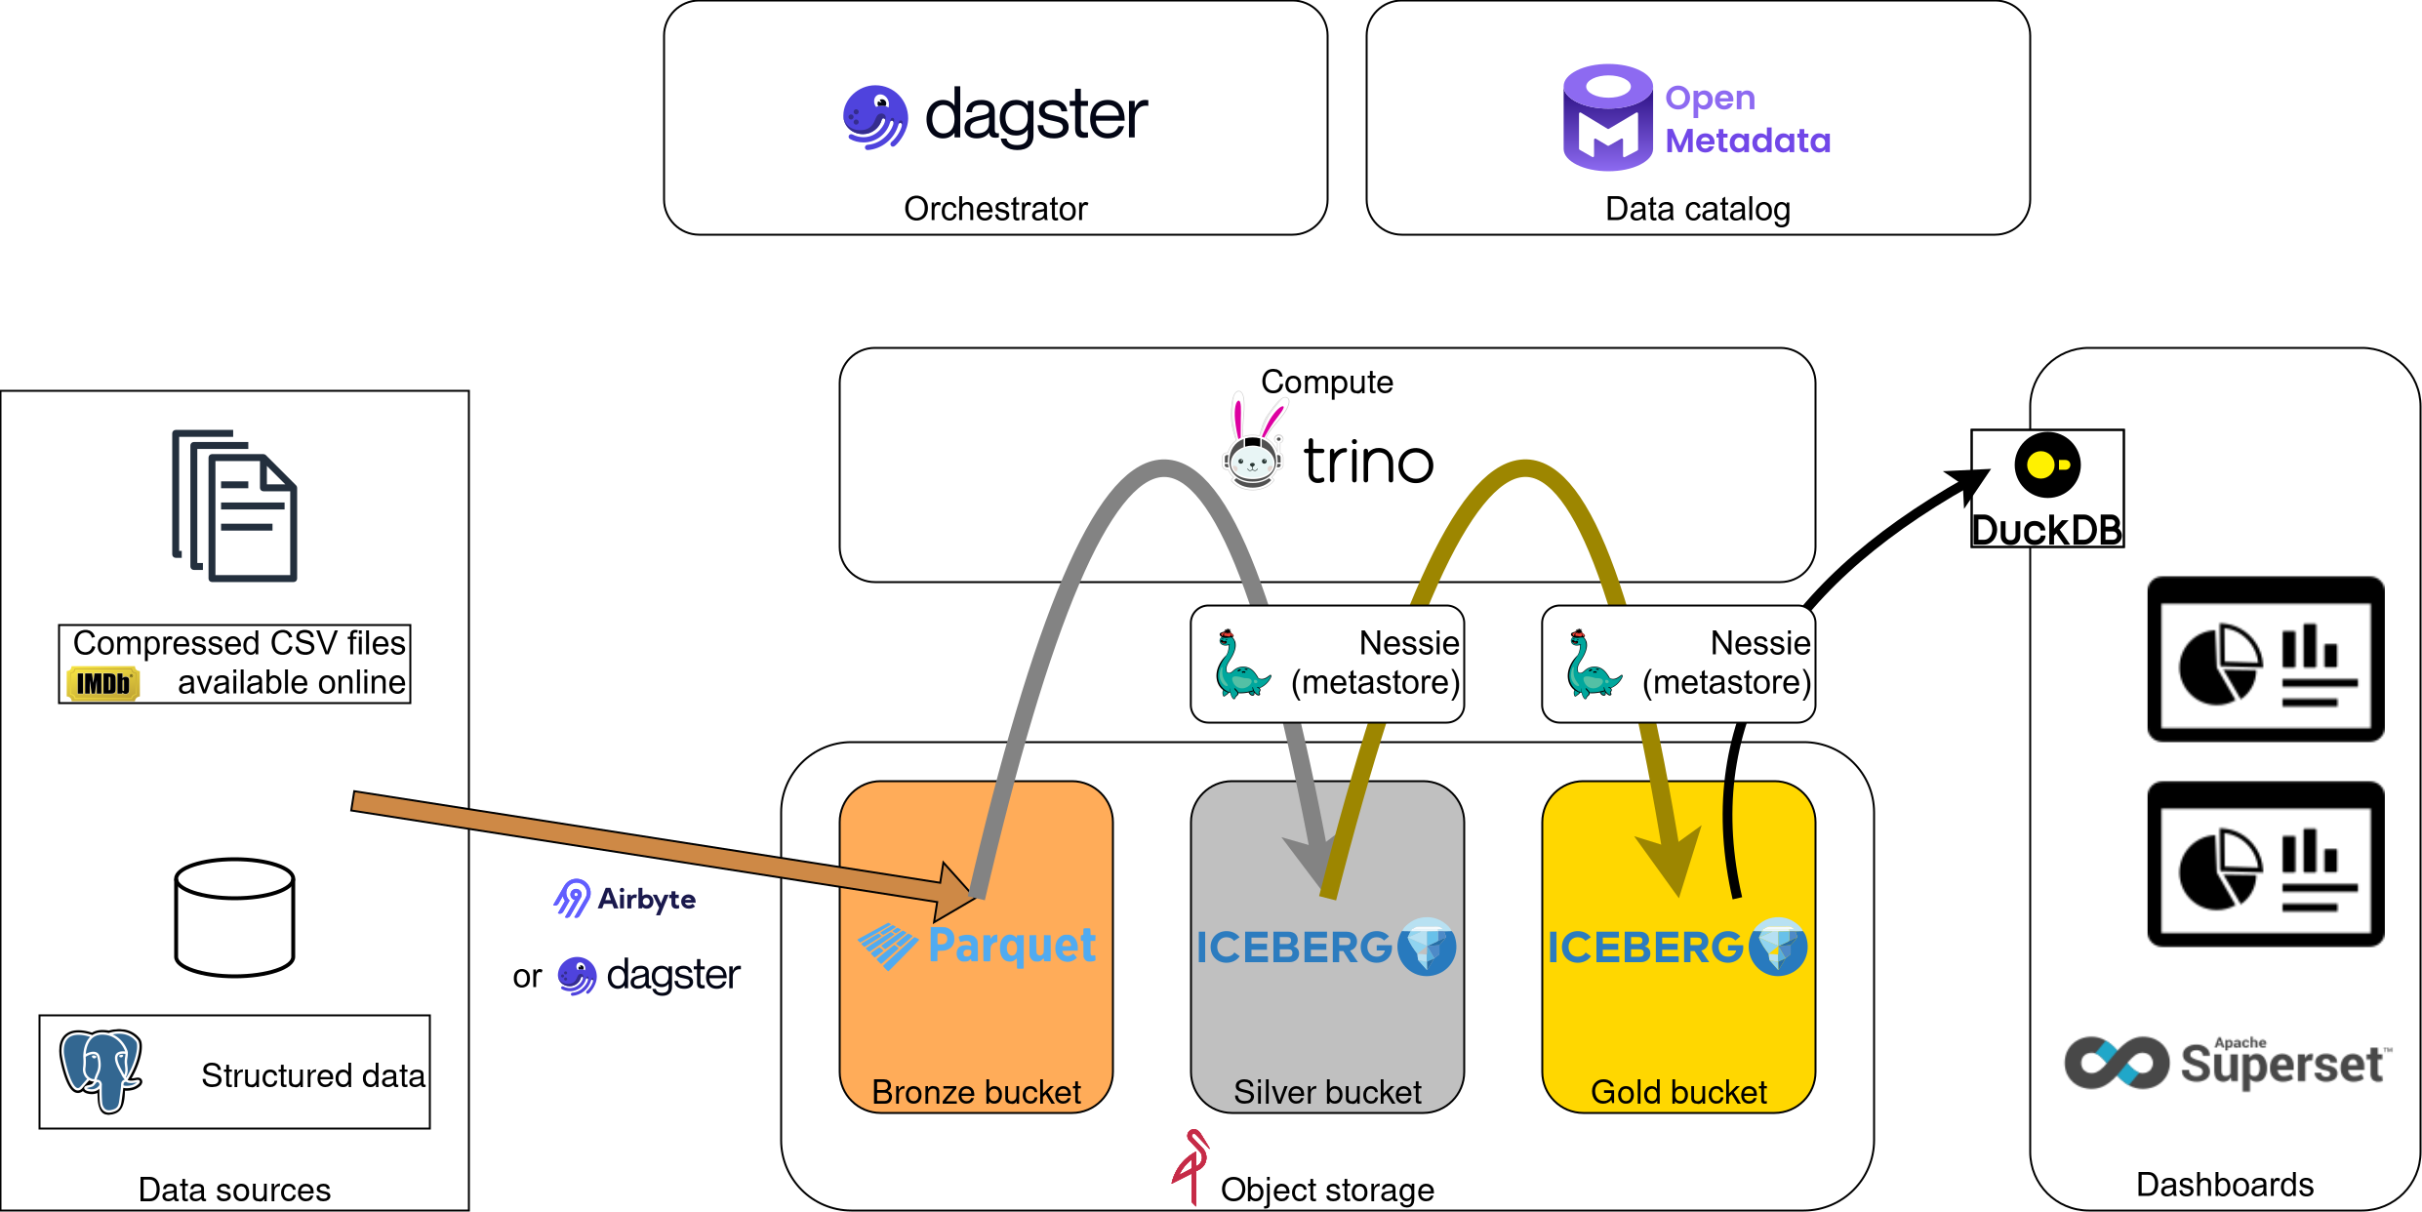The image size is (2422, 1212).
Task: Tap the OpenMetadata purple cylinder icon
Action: (x=1607, y=118)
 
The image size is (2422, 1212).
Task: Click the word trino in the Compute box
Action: (x=1368, y=463)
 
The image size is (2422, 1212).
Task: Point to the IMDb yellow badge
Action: (x=103, y=683)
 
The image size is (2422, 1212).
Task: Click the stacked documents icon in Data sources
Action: (x=235, y=505)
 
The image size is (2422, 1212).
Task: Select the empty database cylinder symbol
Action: (x=234, y=917)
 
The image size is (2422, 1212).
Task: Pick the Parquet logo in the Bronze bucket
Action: (x=977, y=946)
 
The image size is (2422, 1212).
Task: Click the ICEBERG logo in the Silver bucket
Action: (x=1326, y=947)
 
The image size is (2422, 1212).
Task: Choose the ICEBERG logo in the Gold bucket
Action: (x=1677, y=947)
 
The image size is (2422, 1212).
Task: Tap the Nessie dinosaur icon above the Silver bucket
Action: (x=1241, y=666)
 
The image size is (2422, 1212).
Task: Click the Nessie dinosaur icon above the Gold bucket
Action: (x=1593, y=666)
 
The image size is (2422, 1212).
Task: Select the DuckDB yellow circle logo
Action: (x=2047, y=465)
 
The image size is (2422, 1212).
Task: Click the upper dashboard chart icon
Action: (x=2266, y=660)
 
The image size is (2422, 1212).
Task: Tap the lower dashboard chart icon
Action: (x=2266, y=865)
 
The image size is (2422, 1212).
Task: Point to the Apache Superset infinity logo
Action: (x=2116, y=1063)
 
